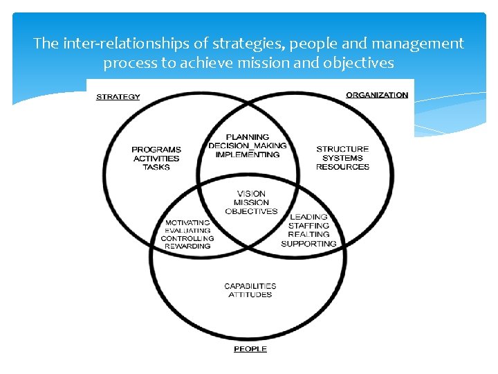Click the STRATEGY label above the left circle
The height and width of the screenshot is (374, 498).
pyautogui.click(x=118, y=96)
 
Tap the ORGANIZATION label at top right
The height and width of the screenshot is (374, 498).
pyautogui.click(x=377, y=95)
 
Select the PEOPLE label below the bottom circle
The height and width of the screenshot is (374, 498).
pyautogui.click(x=250, y=349)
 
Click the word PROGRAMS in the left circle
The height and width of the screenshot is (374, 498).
pyautogui.click(x=156, y=150)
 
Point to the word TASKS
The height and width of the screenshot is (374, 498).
pyautogui.click(x=156, y=167)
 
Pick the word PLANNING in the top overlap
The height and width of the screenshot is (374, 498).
pyautogui.click(x=248, y=137)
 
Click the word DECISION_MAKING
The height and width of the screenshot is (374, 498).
pyautogui.click(x=248, y=145)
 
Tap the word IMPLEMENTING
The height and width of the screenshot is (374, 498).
pyautogui.click(x=248, y=154)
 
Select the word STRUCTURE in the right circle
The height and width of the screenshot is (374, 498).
pyautogui.click(x=342, y=149)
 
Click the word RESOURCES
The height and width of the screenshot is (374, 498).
pyautogui.click(x=342, y=167)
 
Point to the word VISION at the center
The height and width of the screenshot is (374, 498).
pyautogui.click(x=251, y=194)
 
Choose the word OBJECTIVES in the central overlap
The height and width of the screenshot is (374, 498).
pyautogui.click(x=251, y=211)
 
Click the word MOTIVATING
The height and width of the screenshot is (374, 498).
pyautogui.click(x=187, y=222)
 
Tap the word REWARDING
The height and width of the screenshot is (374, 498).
pyautogui.click(x=187, y=246)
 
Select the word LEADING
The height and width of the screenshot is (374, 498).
pyautogui.click(x=308, y=217)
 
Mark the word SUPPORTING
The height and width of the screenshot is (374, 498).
pyautogui.click(x=308, y=244)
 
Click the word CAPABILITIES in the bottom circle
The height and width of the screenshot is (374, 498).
pyautogui.click(x=250, y=286)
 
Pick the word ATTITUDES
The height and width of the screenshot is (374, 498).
pyautogui.click(x=250, y=295)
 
